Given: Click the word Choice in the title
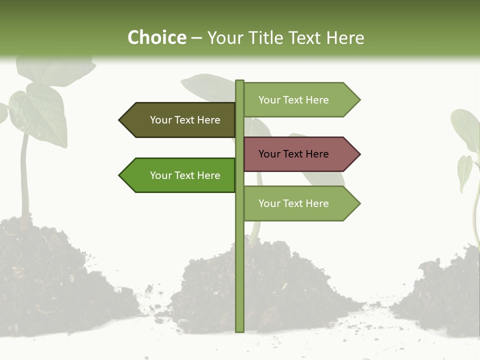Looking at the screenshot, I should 156,38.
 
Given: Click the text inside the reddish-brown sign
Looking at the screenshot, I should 293,154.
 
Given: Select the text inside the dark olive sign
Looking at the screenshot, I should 185,120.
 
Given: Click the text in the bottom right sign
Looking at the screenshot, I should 293,203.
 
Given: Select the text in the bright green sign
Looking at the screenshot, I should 185,175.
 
